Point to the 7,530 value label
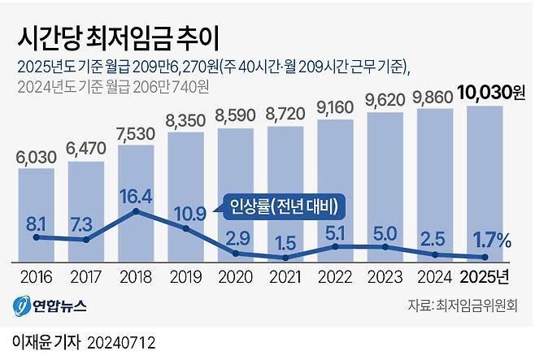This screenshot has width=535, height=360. click(x=136, y=132)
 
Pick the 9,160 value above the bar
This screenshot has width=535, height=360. click(x=335, y=106)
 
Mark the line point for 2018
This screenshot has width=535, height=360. click(x=136, y=211)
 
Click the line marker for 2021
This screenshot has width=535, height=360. click(x=285, y=258)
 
